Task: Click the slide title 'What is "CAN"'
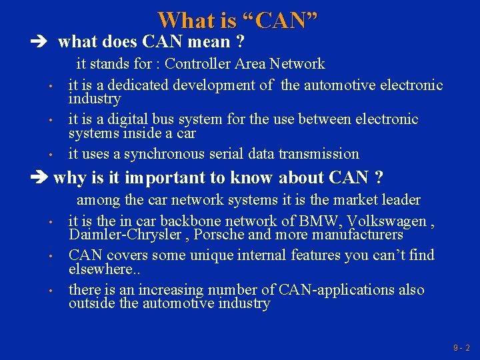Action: click(237, 20)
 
